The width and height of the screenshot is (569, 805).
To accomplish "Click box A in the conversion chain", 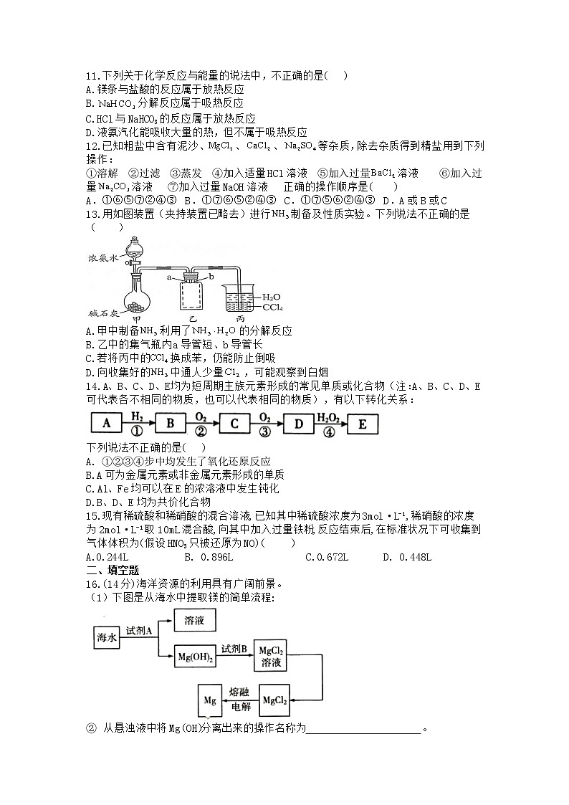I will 107,424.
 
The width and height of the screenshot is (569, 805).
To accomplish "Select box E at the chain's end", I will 362,424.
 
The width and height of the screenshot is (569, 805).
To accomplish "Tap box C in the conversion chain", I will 234,424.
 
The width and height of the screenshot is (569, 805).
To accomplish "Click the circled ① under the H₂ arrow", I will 138,432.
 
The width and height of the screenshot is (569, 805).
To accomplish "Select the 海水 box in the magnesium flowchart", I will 106,637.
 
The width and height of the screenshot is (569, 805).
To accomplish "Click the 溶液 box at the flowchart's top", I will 194,621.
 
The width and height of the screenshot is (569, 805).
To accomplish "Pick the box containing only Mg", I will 210,700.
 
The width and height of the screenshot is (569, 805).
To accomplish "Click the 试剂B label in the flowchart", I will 234,649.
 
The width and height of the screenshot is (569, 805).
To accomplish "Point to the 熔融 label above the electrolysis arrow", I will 239,692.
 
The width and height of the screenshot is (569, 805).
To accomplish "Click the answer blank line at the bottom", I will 364,730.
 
